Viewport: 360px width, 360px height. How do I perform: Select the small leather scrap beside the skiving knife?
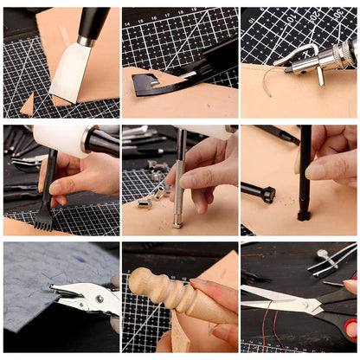point(28,105)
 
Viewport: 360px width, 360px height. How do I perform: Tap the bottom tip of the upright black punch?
point(305,215)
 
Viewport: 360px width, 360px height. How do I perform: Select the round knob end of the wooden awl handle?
point(138,281)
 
